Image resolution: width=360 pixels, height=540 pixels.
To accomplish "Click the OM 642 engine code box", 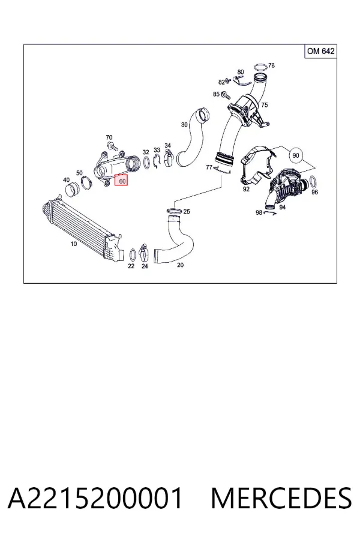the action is click(x=320, y=52).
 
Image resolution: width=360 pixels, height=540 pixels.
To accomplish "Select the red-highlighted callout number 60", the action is click(x=121, y=180).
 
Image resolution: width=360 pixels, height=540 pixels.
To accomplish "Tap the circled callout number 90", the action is click(x=296, y=155).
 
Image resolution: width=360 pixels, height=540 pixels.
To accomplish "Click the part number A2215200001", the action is click(x=95, y=498).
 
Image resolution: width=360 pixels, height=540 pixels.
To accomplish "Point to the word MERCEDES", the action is click(x=281, y=498).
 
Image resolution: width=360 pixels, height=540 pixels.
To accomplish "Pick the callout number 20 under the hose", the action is click(x=180, y=265).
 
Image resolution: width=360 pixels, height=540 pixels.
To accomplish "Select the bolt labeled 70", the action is click(x=110, y=146).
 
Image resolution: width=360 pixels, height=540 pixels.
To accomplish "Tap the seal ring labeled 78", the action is click(x=260, y=67).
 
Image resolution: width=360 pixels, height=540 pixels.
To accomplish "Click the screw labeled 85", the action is click(x=226, y=94).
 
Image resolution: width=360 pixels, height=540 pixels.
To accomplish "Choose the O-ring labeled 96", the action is click(x=313, y=181).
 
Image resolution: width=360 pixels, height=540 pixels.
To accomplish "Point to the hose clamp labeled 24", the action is click(x=143, y=253).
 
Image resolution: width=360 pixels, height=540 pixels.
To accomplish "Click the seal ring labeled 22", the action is click(x=132, y=255).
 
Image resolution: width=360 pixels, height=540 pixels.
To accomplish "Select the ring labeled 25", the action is click(x=175, y=210).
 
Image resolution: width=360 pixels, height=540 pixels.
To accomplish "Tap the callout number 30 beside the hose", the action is click(x=184, y=124).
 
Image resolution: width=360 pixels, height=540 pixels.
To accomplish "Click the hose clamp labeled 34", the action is click(x=169, y=158).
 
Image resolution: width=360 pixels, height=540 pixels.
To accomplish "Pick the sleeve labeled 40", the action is click(x=71, y=191).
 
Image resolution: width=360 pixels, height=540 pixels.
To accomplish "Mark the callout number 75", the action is click(x=264, y=104).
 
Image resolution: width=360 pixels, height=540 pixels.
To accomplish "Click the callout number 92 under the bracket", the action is click(x=246, y=189).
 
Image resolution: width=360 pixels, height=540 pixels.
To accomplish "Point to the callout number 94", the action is click(x=283, y=207).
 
